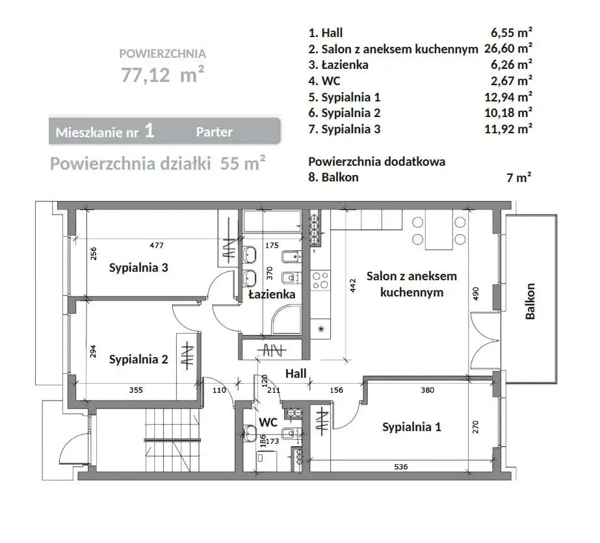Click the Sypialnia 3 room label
[x=138, y=267]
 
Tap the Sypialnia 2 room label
[x=138, y=360]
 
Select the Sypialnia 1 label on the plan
[x=411, y=427]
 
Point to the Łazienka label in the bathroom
[x=272, y=295]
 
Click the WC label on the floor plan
[x=268, y=423]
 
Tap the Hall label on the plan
[x=296, y=373]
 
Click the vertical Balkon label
[x=530, y=301]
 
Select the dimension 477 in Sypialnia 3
[x=157, y=245]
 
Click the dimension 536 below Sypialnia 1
[x=401, y=467]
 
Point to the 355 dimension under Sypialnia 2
[x=136, y=390]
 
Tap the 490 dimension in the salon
[x=476, y=293]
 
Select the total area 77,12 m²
[x=163, y=74]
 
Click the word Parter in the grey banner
[x=215, y=132]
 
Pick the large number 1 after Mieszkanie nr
[x=150, y=131]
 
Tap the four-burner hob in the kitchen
[x=320, y=280]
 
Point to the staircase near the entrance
[x=172, y=440]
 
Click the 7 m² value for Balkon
[x=519, y=178]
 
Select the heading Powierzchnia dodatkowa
[x=377, y=161]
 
